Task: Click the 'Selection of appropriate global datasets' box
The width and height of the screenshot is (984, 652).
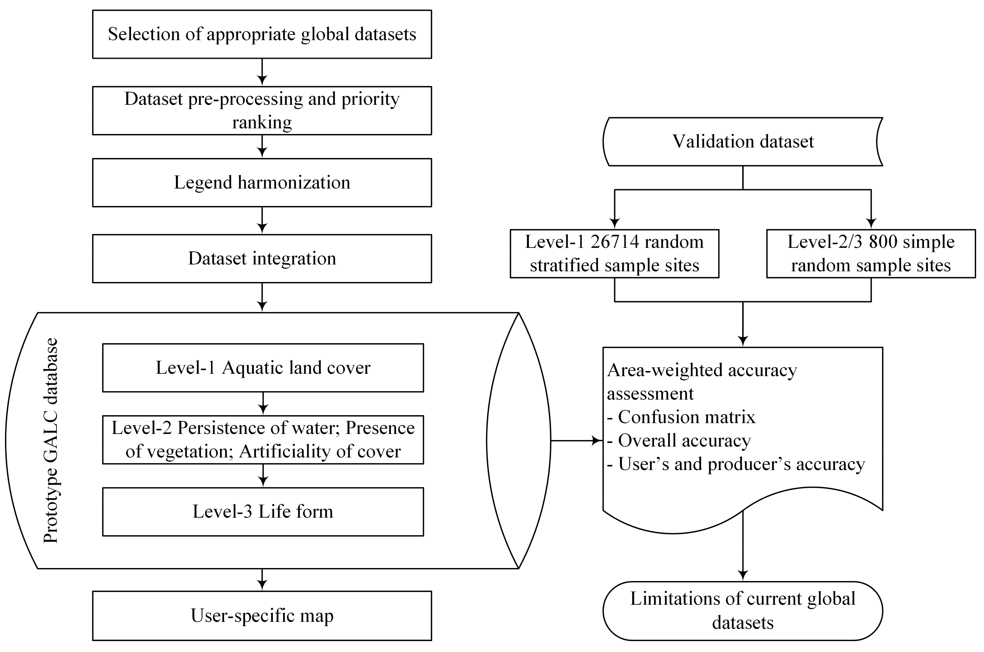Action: pyautogui.click(x=262, y=34)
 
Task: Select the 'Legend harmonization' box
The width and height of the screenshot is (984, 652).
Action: pyautogui.click(x=262, y=182)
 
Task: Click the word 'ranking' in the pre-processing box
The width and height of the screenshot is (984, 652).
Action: pyautogui.click(x=262, y=123)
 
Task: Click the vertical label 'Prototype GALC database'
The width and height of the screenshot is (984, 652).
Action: pyautogui.click(x=51, y=441)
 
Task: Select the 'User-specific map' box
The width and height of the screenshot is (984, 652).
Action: pyautogui.click(x=262, y=616)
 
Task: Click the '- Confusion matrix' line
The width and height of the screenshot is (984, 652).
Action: pyautogui.click(x=682, y=417)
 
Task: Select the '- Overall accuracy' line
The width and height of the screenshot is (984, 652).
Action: pyautogui.click(x=679, y=440)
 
